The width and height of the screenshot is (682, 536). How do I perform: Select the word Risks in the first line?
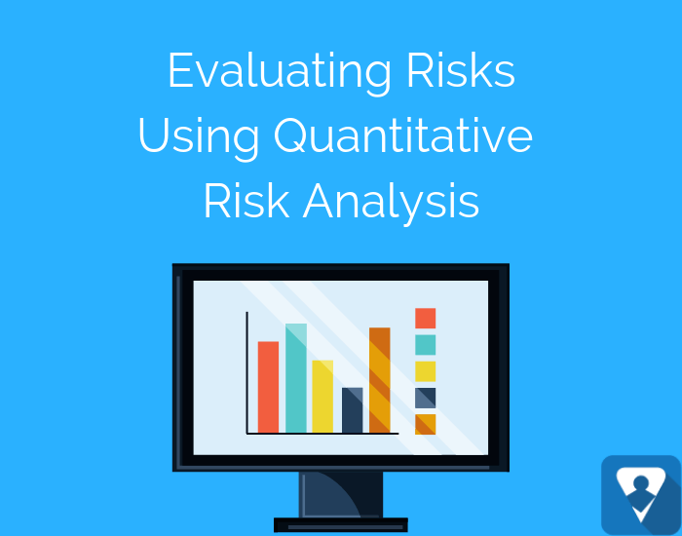461,70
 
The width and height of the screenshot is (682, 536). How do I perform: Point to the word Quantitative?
403,135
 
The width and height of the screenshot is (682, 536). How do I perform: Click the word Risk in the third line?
246,201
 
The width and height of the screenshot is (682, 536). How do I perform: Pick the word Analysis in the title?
391,204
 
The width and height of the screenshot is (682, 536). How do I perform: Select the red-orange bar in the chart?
268,387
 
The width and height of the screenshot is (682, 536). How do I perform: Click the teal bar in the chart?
296,378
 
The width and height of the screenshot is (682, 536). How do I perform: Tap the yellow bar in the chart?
322,397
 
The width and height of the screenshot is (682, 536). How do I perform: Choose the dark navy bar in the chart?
353,410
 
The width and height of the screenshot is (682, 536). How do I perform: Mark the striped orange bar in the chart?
380,380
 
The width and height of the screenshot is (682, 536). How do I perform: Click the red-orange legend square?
426,318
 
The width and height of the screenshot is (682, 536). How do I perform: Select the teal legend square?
426,345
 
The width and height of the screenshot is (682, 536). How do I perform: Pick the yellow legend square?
426,371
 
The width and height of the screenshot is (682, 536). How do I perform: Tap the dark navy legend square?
426,398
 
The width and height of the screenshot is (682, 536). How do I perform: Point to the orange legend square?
426,425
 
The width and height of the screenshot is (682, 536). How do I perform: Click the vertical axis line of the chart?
247,372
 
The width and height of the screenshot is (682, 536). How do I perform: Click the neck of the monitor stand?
341,495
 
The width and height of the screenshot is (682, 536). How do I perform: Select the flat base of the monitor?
341,525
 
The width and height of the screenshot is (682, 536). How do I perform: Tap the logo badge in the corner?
641,495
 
